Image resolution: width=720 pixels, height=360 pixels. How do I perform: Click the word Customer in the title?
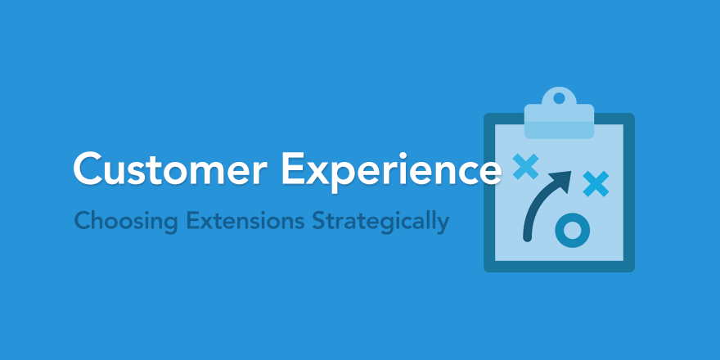click(x=170, y=168)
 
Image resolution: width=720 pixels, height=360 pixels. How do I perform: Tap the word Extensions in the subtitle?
click(x=245, y=221)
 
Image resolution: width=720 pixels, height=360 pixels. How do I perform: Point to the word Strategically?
click(x=380, y=223)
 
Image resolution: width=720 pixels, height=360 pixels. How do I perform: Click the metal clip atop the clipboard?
click(x=559, y=113)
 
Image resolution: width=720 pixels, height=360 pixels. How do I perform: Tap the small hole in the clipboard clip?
click(x=559, y=98)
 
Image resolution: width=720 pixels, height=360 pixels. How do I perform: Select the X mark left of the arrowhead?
click(x=526, y=166)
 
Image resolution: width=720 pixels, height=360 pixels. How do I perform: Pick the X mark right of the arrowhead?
click(x=596, y=183)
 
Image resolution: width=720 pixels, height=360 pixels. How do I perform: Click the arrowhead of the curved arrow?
click(x=562, y=181)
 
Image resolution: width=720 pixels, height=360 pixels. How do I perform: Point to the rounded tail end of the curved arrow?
click(x=528, y=238)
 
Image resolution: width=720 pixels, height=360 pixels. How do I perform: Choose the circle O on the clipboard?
click(x=572, y=228)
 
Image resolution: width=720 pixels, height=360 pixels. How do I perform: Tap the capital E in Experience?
click(x=293, y=168)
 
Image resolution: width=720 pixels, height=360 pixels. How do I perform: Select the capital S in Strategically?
click(x=318, y=221)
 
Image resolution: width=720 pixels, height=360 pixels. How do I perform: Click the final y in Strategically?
click(x=443, y=226)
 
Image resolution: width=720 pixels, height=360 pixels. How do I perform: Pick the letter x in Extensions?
click(x=205, y=223)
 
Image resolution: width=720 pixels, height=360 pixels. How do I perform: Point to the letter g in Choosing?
click(x=171, y=226)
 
